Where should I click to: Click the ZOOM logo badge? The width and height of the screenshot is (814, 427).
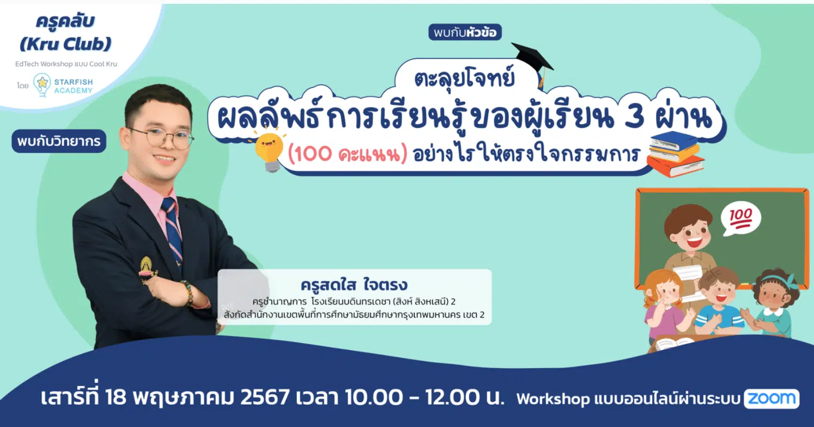point(772,399)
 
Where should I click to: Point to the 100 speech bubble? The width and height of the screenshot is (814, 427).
point(740,218)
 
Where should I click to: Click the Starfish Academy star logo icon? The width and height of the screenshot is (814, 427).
point(42,85)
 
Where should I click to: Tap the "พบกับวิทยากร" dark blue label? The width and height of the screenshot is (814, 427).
point(59,141)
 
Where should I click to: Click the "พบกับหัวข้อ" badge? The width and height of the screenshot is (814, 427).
point(465,32)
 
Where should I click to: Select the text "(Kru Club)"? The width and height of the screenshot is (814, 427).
point(65,44)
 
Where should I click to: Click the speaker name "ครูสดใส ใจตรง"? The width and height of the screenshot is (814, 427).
point(354,284)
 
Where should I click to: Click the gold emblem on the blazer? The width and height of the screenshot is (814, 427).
point(148,270)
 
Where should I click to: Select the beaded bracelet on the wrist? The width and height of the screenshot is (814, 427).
point(187,292)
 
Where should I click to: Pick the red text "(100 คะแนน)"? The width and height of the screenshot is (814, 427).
point(347,154)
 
